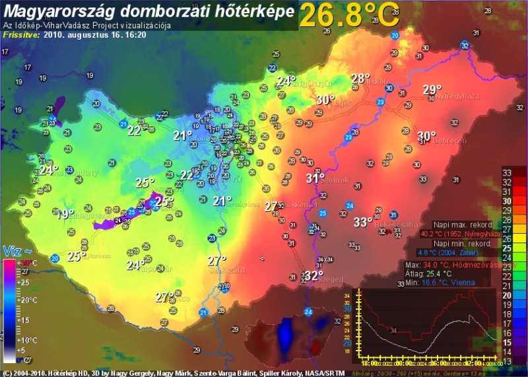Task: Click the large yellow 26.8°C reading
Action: click(x=349, y=15)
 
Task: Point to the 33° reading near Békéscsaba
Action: click(x=362, y=222)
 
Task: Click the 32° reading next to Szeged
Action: click(x=313, y=275)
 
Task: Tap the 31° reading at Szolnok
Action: click(x=315, y=178)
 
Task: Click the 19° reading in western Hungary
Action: click(x=64, y=214)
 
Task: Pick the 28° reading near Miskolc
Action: click(x=360, y=79)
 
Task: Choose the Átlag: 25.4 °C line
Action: click(x=429, y=273)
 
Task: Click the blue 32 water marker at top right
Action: click(x=465, y=45)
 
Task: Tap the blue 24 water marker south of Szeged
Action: click(x=308, y=311)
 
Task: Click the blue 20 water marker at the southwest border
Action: click(x=54, y=258)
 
